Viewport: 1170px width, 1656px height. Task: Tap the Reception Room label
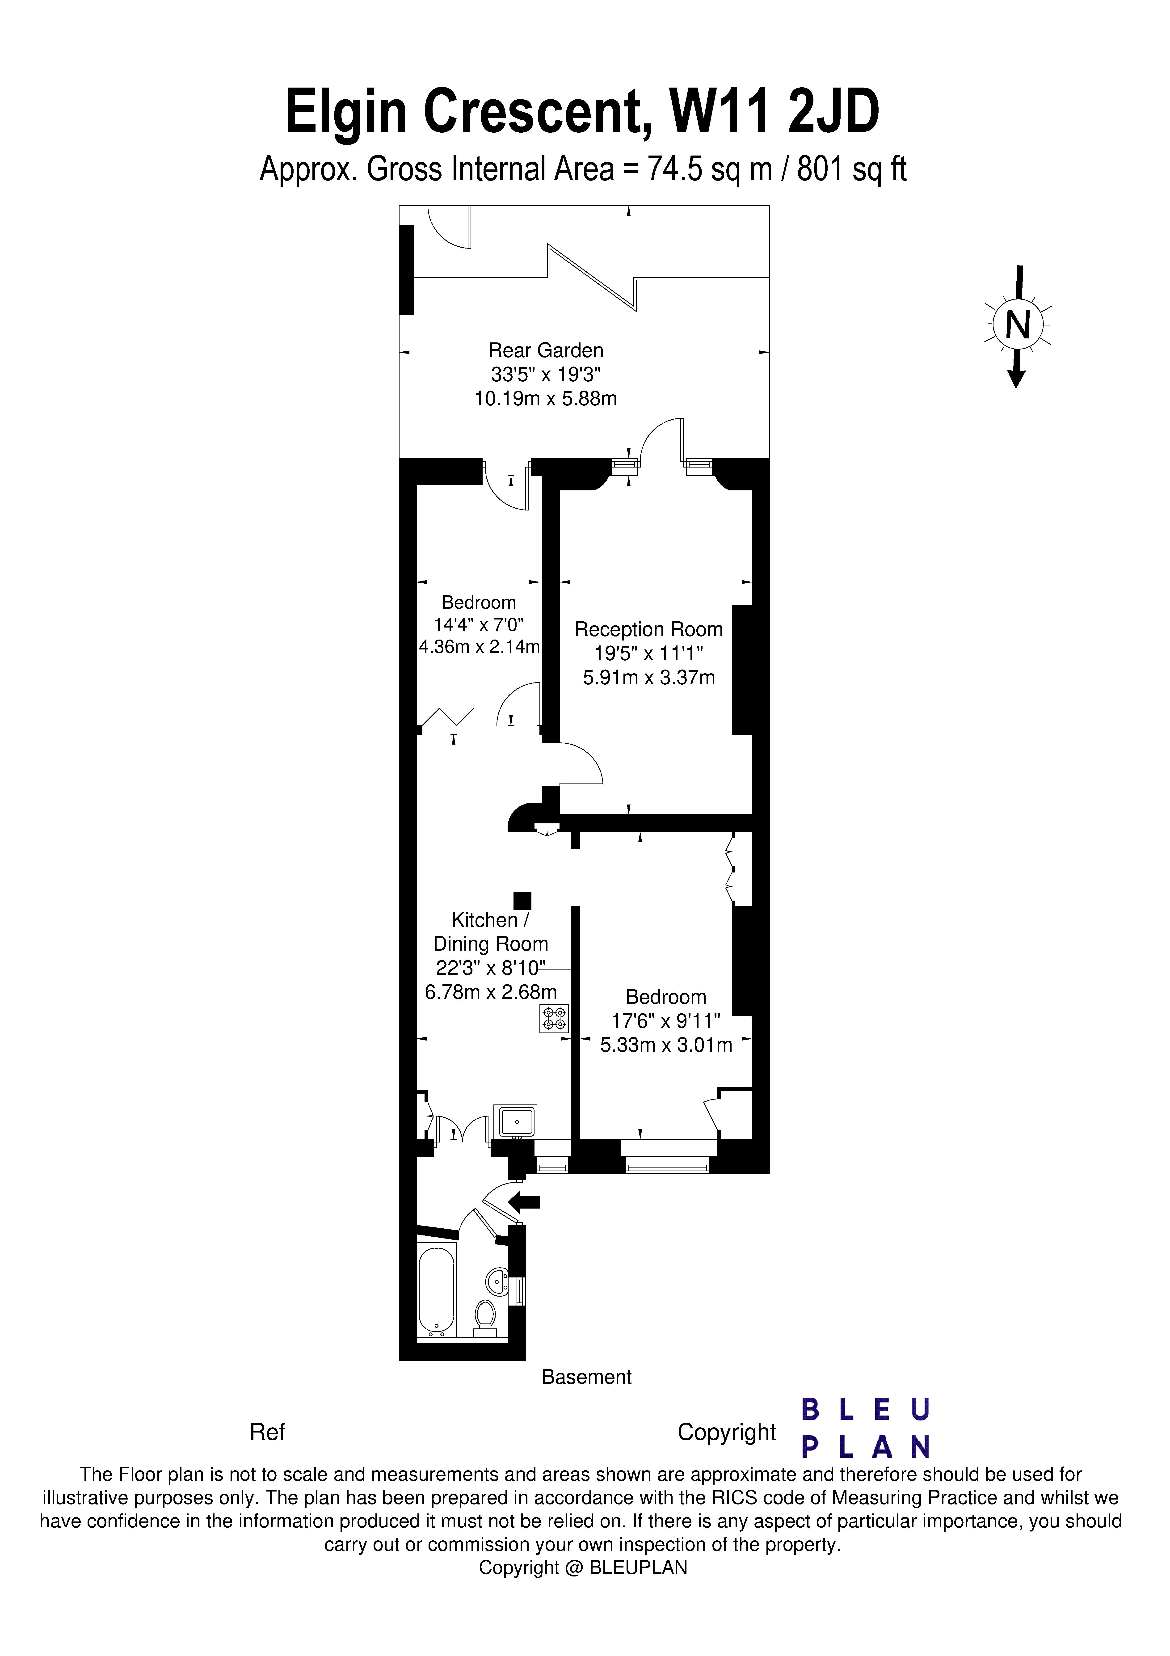pyautogui.click(x=648, y=630)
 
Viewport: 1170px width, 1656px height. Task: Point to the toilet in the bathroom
pyautogui.click(x=485, y=1314)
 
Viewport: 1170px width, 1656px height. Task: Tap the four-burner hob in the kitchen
pyautogui.click(x=554, y=1018)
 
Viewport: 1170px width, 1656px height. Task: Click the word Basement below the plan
pyautogui.click(x=586, y=1377)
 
